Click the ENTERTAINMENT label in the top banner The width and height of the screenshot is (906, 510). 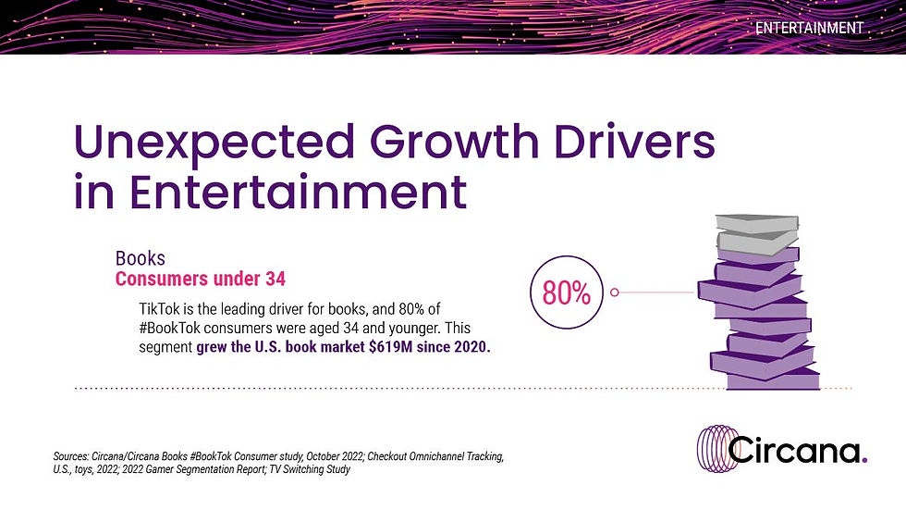(x=809, y=28)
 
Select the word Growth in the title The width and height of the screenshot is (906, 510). (x=454, y=141)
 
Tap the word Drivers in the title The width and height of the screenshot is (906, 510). (x=634, y=141)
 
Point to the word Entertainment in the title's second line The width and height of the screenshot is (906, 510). (x=298, y=191)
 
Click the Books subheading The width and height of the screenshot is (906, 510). (x=141, y=258)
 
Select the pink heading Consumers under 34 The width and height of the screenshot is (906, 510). (x=201, y=279)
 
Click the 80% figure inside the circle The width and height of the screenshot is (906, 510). (x=566, y=292)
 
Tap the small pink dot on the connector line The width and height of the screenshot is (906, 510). (x=614, y=292)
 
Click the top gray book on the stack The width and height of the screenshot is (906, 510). (x=757, y=223)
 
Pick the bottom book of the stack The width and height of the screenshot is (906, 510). (x=773, y=379)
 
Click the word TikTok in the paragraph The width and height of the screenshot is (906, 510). (x=159, y=309)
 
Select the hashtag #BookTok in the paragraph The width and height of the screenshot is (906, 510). (x=169, y=328)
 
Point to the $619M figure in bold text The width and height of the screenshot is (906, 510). (x=390, y=347)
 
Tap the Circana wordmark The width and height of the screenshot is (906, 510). (x=794, y=450)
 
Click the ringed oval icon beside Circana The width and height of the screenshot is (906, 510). (x=717, y=449)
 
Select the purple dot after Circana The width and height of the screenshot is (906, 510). (x=864, y=460)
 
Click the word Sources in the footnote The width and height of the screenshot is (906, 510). (x=70, y=456)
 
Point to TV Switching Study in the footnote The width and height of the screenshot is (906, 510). (x=310, y=469)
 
